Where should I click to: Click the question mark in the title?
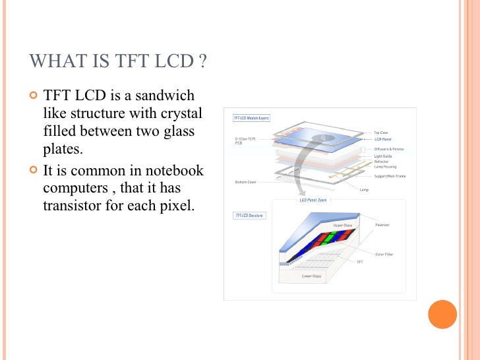coord(203,62)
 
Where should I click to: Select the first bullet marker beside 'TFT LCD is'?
coord(33,96)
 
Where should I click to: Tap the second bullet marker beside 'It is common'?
coord(33,171)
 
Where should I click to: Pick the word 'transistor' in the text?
coord(72,204)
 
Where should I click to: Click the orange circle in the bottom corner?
coord(443,315)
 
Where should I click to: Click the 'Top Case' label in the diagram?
coord(381,133)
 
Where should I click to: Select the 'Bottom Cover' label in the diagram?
coord(246,182)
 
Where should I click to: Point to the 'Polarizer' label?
coord(382,225)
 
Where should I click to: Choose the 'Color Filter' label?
coord(384,253)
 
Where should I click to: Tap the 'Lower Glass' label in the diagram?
coord(312,276)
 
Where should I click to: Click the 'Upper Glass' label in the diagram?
coord(343,225)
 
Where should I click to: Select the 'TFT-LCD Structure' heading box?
coord(249,216)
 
